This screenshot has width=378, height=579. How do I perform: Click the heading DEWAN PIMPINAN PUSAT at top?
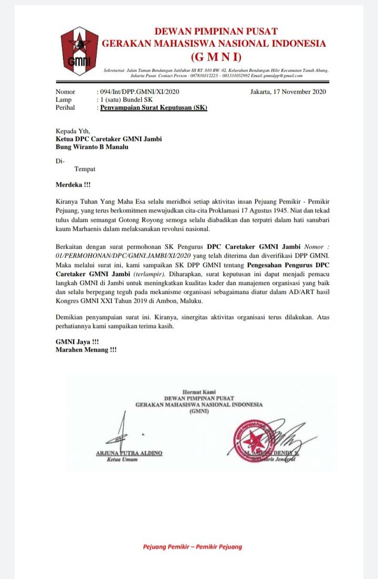215,32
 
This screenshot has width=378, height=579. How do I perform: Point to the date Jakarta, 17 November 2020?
288,92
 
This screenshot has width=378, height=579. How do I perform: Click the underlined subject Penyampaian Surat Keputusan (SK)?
154,108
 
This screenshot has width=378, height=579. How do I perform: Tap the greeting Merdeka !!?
73,185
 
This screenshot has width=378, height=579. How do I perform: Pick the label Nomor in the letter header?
65,92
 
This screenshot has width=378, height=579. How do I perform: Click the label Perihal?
66,108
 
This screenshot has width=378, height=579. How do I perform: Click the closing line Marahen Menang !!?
87,349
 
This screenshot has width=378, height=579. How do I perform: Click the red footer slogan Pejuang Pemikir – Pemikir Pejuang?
193,546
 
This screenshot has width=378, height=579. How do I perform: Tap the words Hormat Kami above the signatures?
199,391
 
